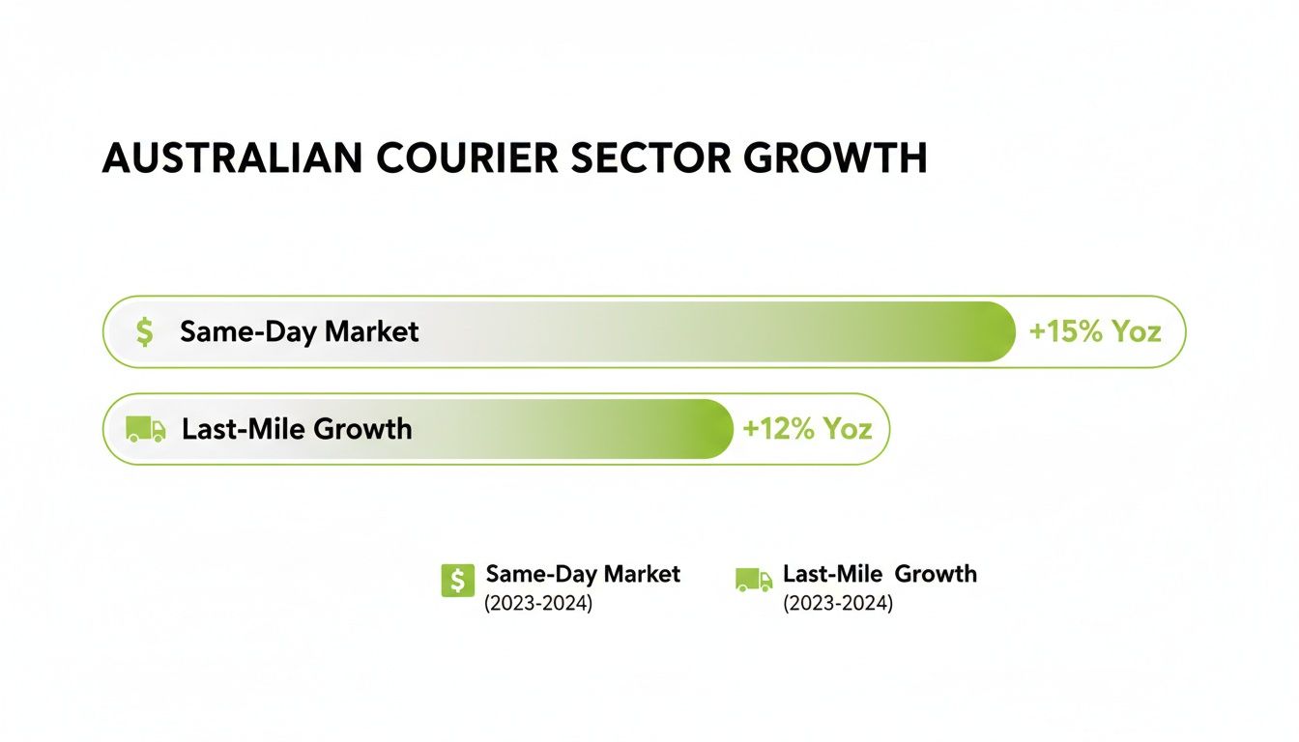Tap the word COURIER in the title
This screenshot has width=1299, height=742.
click(465, 158)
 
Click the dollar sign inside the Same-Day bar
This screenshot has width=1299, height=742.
click(144, 332)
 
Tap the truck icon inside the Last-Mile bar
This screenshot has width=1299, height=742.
click(145, 430)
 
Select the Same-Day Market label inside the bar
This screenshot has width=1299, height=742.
click(300, 332)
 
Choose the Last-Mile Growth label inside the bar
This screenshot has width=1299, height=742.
click(297, 429)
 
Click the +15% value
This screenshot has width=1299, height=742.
click(1066, 332)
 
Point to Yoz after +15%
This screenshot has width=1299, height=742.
click(1136, 332)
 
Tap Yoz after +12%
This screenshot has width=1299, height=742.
click(848, 429)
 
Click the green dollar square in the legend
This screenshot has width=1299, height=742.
click(457, 580)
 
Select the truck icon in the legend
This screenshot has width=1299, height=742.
click(754, 580)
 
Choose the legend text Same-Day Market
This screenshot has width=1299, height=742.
click(583, 574)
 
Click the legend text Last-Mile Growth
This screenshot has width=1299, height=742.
click(880, 574)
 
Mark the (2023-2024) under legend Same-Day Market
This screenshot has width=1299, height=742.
click(538, 604)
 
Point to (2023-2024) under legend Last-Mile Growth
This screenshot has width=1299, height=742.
click(838, 604)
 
